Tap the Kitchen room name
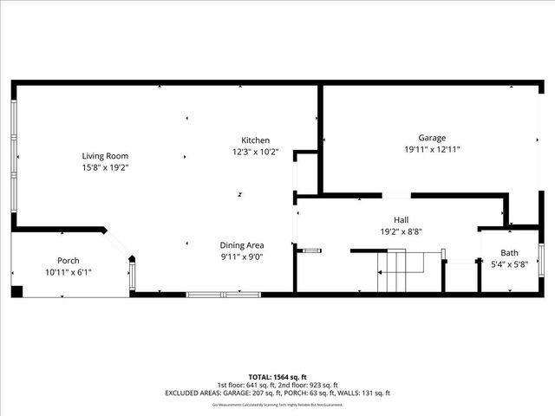[255, 140]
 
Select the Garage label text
[432, 138]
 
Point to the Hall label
[401, 220]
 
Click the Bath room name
[509, 253]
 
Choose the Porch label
[69, 261]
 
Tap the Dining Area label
[242, 245]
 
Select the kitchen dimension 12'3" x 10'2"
[255, 152]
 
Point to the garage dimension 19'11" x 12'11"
[432, 149]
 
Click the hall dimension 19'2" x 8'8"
[401, 231]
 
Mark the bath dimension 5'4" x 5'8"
[509, 264]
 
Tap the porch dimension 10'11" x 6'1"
[69, 272]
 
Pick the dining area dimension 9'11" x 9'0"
[242, 257]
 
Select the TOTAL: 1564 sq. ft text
[277, 377]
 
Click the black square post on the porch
[16, 290]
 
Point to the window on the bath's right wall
[541, 257]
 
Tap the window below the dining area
[224, 295]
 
